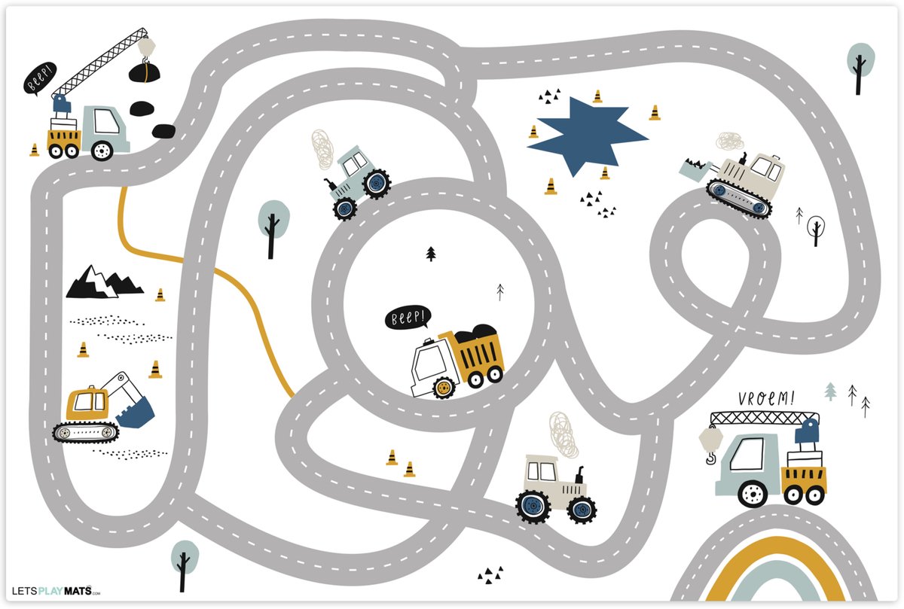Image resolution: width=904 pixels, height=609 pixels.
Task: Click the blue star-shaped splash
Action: click(x=585, y=135)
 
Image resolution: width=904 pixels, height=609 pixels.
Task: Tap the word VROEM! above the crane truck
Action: click(x=766, y=398)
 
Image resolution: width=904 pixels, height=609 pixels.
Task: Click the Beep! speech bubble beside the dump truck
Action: click(x=408, y=318)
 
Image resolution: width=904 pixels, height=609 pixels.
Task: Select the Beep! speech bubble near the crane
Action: click(x=39, y=78)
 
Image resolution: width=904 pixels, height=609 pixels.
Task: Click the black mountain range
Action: click(x=104, y=282)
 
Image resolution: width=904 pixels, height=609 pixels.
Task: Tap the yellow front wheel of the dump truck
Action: click(x=444, y=388)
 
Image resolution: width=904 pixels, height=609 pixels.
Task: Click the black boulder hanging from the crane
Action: click(x=145, y=72)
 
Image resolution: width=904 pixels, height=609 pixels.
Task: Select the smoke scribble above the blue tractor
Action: click(x=322, y=149)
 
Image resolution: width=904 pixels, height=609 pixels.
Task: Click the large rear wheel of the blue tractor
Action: click(x=377, y=184)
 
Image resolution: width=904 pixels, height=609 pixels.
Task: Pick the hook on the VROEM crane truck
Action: click(x=710, y=458)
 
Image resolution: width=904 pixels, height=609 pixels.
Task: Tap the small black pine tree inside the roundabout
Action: click(x=431, y=254)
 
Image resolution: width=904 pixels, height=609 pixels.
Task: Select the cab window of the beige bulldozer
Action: click(x=762, y=166)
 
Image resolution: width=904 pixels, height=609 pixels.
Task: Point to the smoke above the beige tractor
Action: click(x=563, y=434)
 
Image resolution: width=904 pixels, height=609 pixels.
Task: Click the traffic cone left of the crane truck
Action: click(x=35, y=150)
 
